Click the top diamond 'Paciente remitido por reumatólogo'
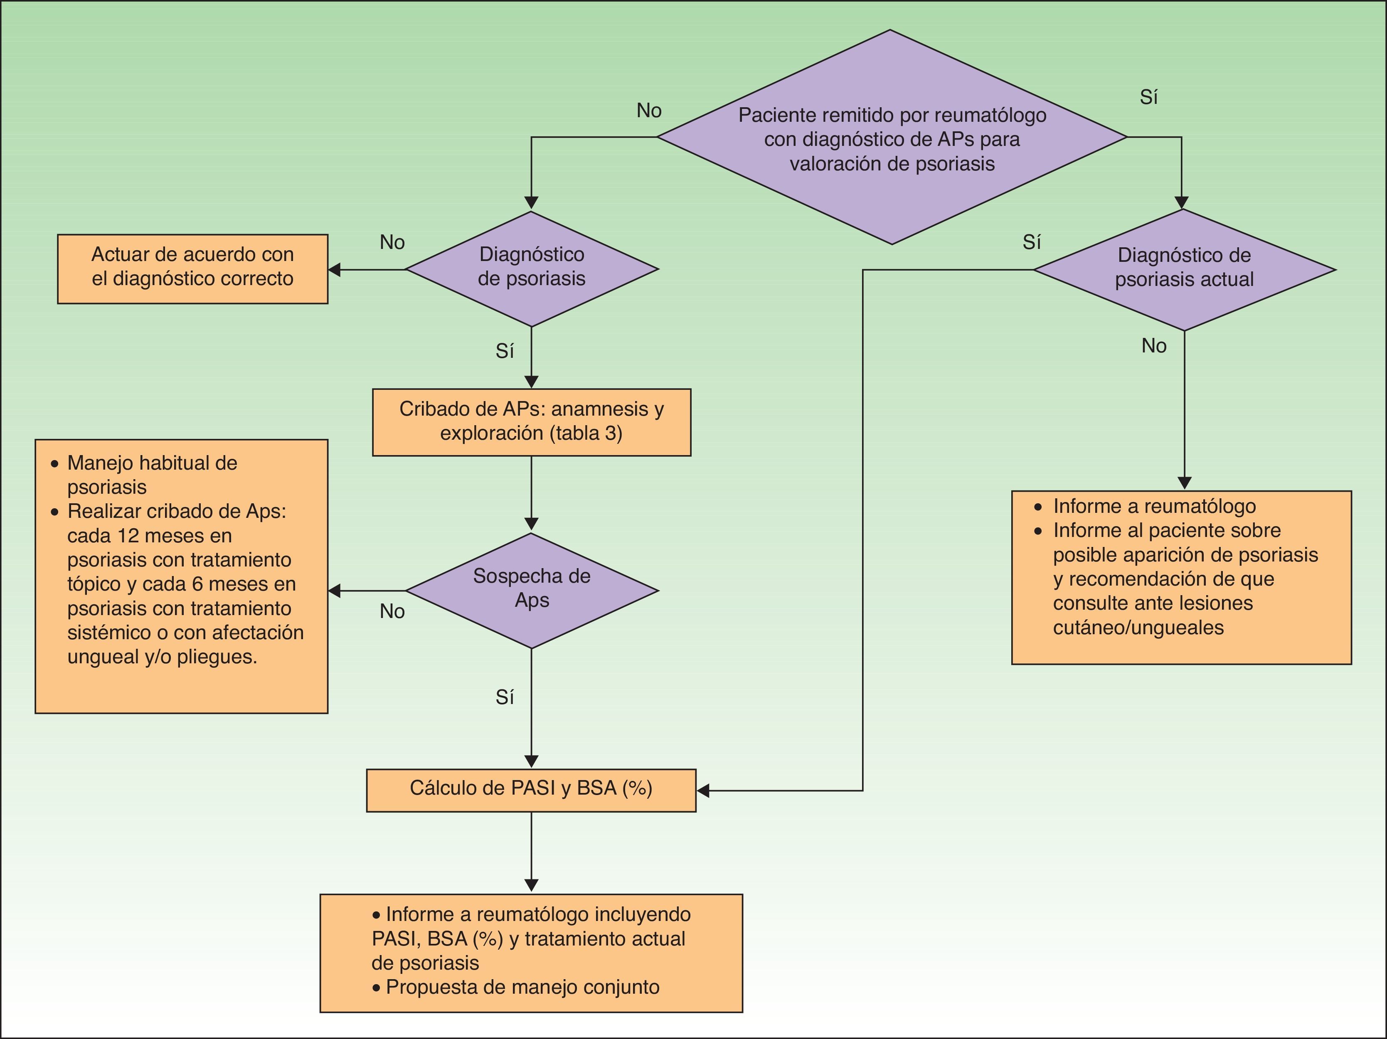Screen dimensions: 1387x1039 click(892, 137)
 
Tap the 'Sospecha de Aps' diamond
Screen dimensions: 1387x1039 click(532, 590)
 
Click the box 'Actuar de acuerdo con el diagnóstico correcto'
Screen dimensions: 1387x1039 click(192, 269)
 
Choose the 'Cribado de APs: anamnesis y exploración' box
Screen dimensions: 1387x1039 click(532, 422)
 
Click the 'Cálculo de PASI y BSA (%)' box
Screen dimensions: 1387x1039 click(531, 790)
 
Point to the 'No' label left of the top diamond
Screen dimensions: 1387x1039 click(649, 111)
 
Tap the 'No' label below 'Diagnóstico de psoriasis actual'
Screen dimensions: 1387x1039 click(1154, 345)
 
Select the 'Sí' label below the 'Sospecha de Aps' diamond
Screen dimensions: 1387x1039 click(505, 697)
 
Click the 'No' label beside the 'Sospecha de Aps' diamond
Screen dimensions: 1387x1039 click(392, 611)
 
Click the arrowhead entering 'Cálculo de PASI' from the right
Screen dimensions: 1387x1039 click(703, 791)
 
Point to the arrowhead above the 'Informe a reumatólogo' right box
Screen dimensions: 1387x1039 click(1185, 483)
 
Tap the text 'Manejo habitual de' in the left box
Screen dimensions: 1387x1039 click(153, 463)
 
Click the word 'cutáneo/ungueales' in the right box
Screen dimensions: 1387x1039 click(1138, 627)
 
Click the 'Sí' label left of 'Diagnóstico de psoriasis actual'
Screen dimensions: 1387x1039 click(1032, 242)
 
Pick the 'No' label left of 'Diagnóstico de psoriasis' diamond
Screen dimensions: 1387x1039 click(392, 242)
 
